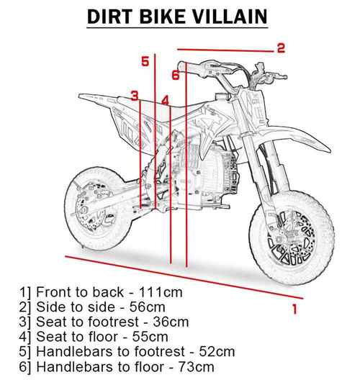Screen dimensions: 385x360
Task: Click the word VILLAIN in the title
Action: (233, 17)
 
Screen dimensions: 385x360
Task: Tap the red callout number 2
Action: (282, 48)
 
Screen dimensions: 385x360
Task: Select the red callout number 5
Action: (145, 62)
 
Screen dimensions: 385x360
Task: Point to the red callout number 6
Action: (175, 74)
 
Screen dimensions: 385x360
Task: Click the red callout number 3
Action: (134, 96)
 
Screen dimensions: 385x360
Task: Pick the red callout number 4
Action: (165, 101)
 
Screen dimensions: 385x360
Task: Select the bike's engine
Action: (209, 176)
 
